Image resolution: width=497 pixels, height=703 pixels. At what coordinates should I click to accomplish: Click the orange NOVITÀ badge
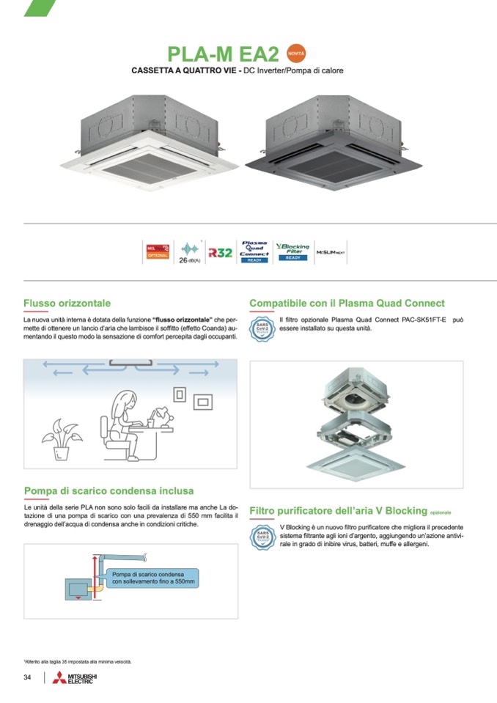[296, 54]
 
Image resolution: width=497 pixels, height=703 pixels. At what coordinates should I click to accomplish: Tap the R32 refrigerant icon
[220, 252]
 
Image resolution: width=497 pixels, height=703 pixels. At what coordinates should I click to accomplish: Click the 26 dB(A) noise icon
[189, 252]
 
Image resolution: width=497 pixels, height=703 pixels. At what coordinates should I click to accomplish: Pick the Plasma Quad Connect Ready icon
[254, 251]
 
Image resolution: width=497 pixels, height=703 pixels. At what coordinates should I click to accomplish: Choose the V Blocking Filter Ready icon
[292, 251]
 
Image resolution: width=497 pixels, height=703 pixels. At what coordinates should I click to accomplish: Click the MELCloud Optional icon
[158, 252]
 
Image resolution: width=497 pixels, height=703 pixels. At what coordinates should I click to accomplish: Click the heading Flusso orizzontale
[67, 303]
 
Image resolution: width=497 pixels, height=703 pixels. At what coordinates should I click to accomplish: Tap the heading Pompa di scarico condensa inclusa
[108, 490]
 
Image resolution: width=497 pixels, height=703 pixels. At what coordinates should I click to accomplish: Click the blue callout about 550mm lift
[152, 576]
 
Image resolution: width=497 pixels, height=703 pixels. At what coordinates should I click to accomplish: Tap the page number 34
[27, 677]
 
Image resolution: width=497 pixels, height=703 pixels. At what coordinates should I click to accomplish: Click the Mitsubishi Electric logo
[74, 677]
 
